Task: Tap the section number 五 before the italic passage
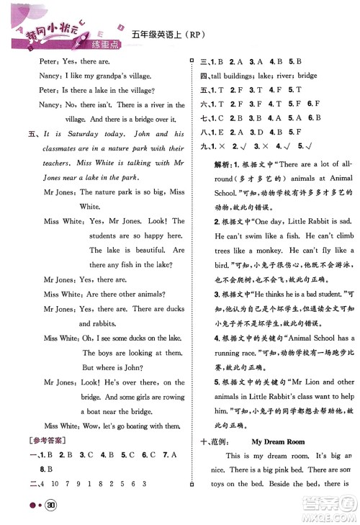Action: tap(30, 134)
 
